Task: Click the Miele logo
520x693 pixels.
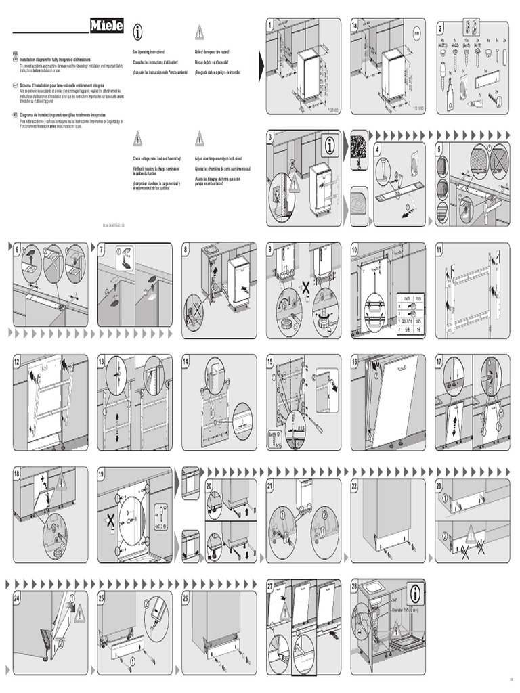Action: (107, 26)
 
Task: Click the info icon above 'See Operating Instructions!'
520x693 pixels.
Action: (138, 30)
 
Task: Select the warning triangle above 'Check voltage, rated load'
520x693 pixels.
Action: (138, 139)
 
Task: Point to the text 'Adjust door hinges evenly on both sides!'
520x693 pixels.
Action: (222, 158)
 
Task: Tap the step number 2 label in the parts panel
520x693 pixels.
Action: (440, 28)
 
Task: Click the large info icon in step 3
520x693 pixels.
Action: (330, 144)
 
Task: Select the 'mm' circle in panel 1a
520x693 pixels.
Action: (416, 32)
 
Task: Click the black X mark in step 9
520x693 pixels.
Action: (305, 288)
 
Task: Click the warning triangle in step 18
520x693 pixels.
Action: (62, 482)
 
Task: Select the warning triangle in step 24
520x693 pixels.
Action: (79, 613)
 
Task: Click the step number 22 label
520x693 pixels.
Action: (355, 485)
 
